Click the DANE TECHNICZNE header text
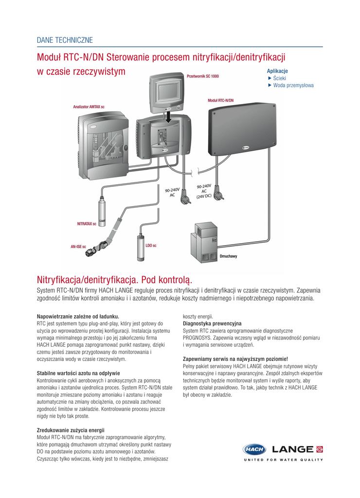click(65, 40)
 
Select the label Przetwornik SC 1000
click(202, 76)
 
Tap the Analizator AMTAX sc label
click(89, 107)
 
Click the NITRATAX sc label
click(87, 224)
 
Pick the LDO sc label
click(151, 246)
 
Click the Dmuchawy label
click(228, 256)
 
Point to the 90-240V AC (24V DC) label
click(204, 191)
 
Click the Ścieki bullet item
click(279, 78)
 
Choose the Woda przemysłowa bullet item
click(293, 85)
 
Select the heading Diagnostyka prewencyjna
click(212, 323)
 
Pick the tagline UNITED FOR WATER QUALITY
click(283, 460)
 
